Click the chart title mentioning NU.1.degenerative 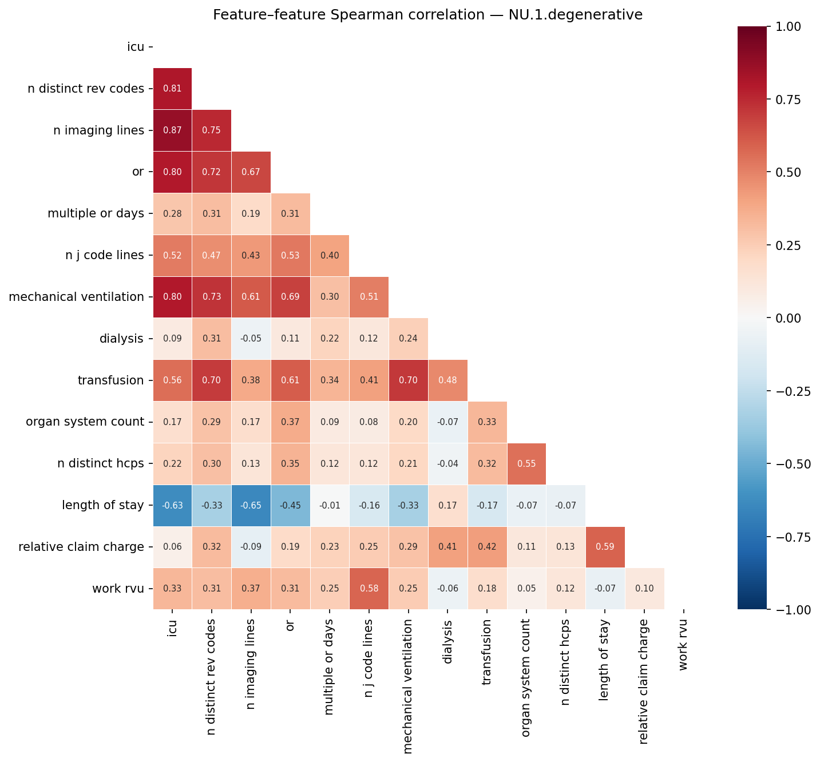(x=427, y=15)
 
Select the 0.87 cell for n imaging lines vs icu (x=172, y=130)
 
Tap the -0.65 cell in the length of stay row (x=251, y=506)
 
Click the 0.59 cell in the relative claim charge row (x=605, y=547)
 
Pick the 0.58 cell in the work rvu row (x=369, y=589)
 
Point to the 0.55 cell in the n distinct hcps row (x=526, y=464)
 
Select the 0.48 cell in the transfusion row (x=447, y=380)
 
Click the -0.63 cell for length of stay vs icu (x=172, y=506)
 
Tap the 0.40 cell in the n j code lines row (x=329, y=255)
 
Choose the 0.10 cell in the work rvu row (x=644, y=589)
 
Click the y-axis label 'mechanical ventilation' (x=76, y=297)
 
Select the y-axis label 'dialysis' (x=121, y=339)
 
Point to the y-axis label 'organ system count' (x=85, y=422)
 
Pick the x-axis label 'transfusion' (x=487, y=652)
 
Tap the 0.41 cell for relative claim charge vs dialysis (x=447, y=547)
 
